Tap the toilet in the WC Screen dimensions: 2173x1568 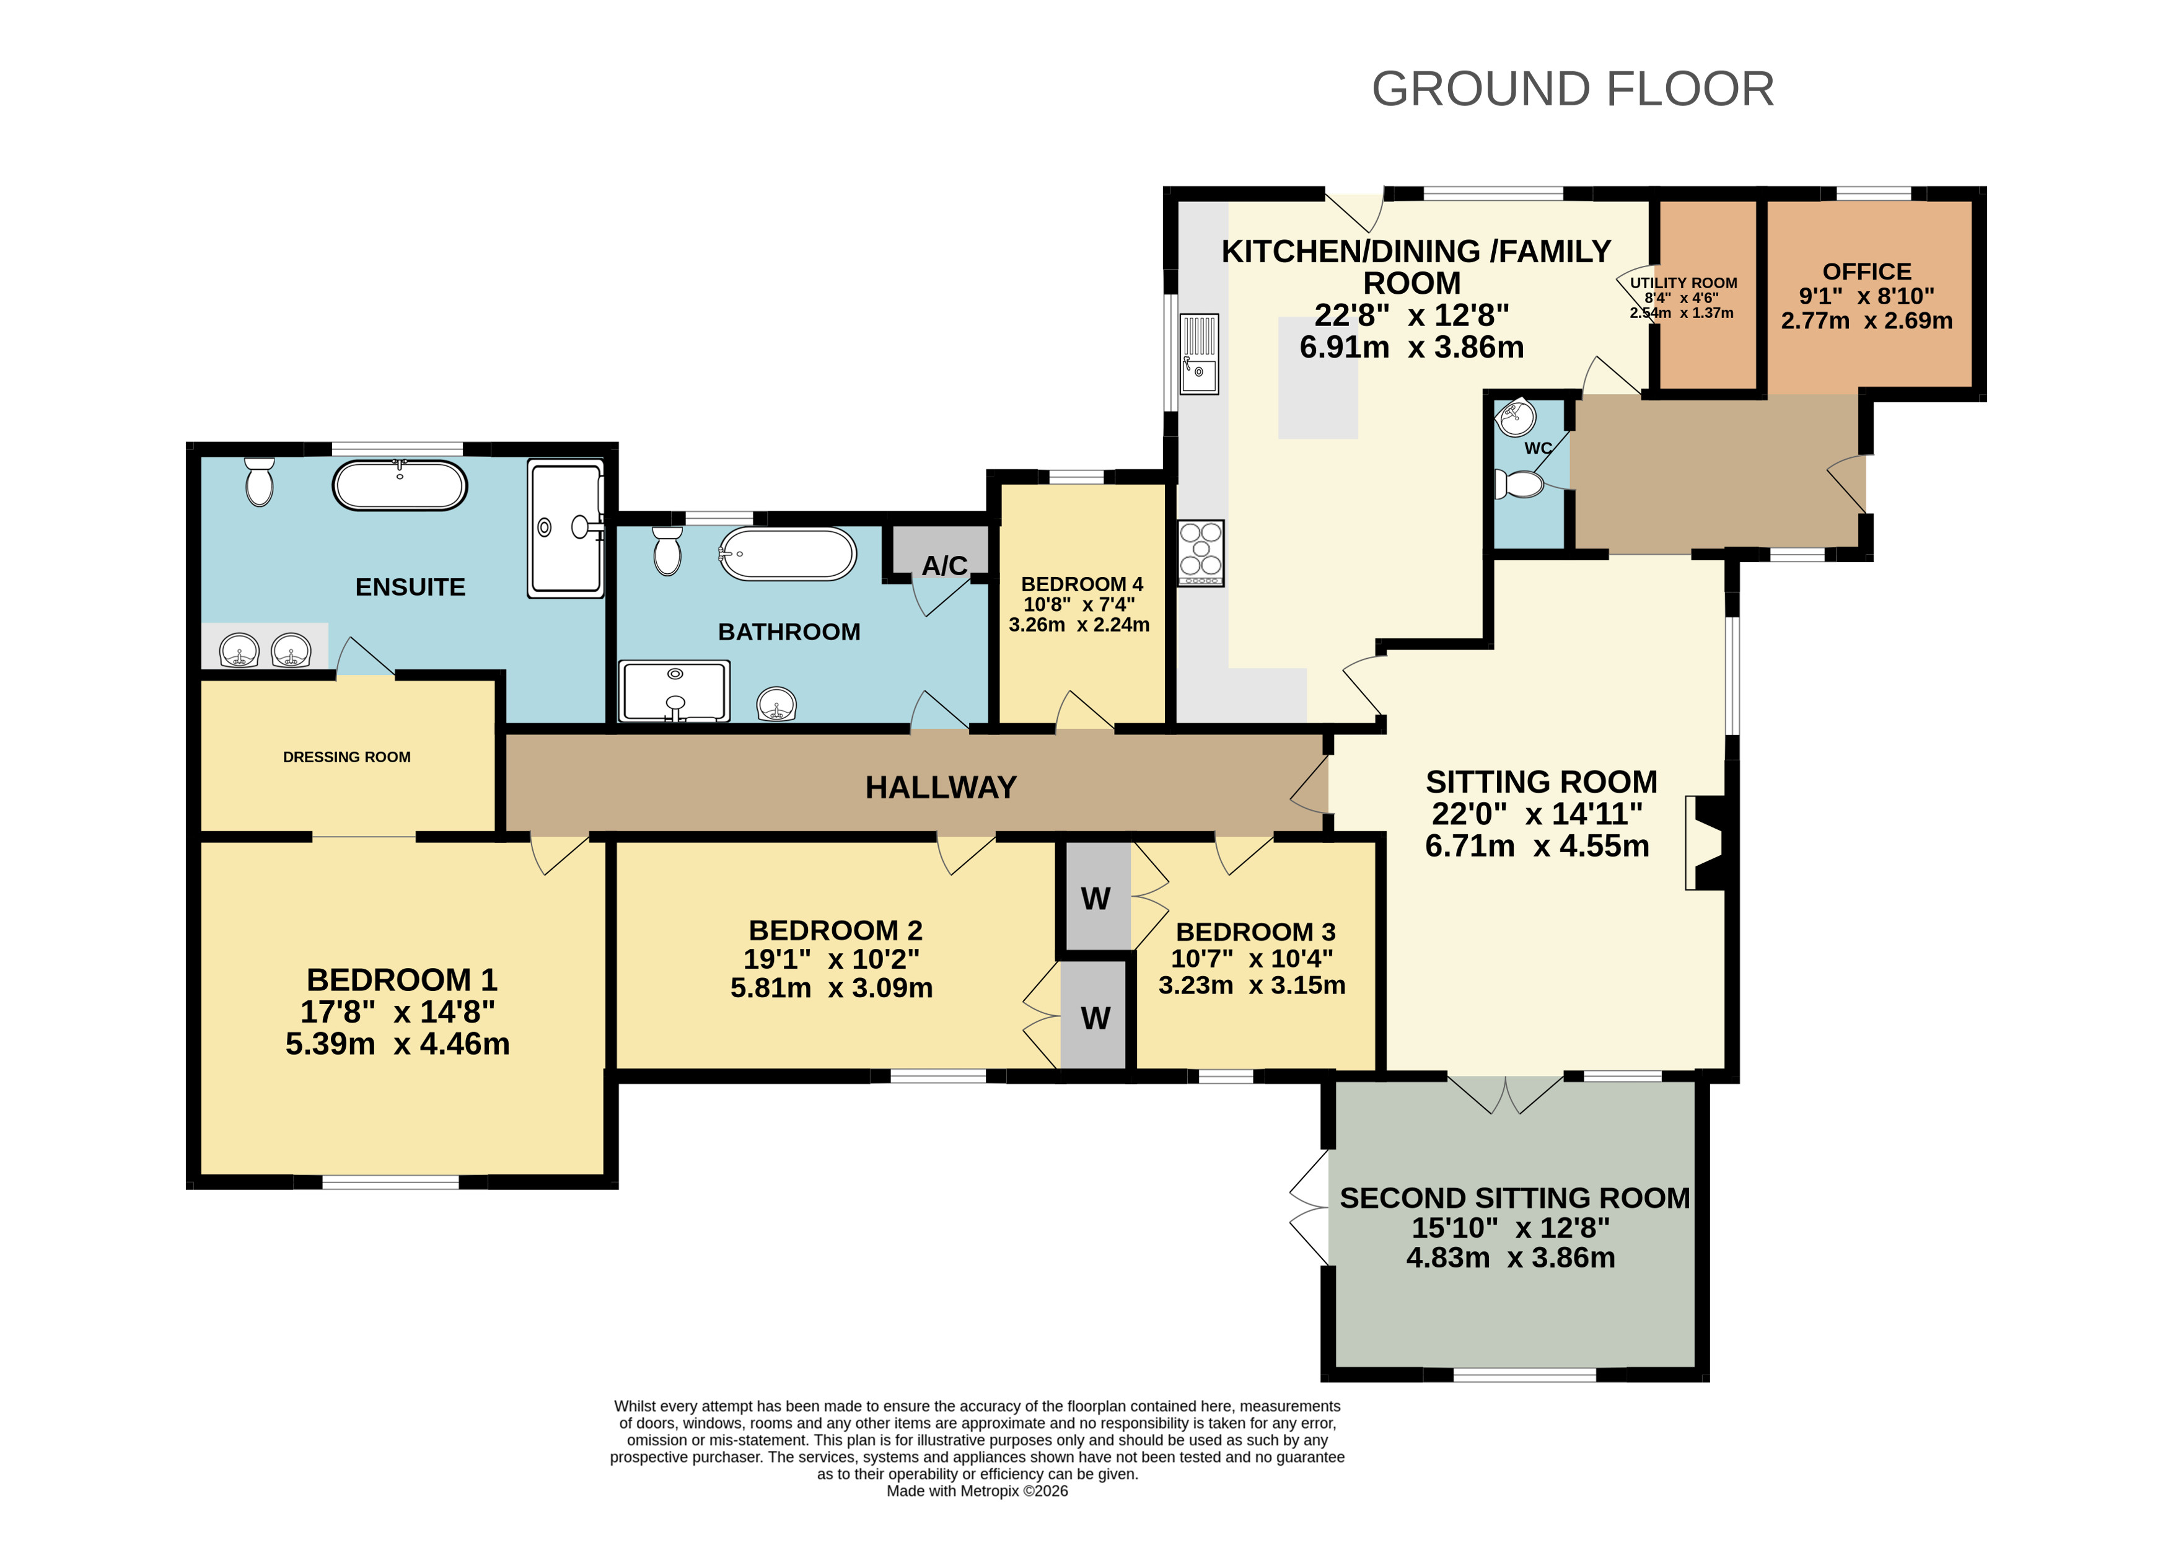[x=1519, y=484]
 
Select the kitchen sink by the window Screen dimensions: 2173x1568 [x=1198, y=354]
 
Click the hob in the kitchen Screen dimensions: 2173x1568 [x=1201, y=553]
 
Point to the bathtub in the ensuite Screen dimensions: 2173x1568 [x=400, y=485]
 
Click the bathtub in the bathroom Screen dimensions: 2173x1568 [x=788, y=554]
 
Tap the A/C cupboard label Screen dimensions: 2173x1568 [x=944, y=565]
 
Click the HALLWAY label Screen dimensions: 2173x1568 [x=940, y=787]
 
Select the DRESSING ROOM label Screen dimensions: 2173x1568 [x=347, y=757]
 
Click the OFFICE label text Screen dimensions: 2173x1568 [x=1866, y=271]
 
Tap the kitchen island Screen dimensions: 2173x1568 [x=1317, y=377]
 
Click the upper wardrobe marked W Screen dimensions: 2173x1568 [x=1095, y=898]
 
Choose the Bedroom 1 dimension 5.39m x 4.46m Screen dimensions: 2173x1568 [x=398, y=1044]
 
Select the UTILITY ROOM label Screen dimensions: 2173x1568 [x=1684, y=283]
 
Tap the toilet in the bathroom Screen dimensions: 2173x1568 [x=668, y=551]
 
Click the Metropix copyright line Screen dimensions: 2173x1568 [x=977, y=1491]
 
